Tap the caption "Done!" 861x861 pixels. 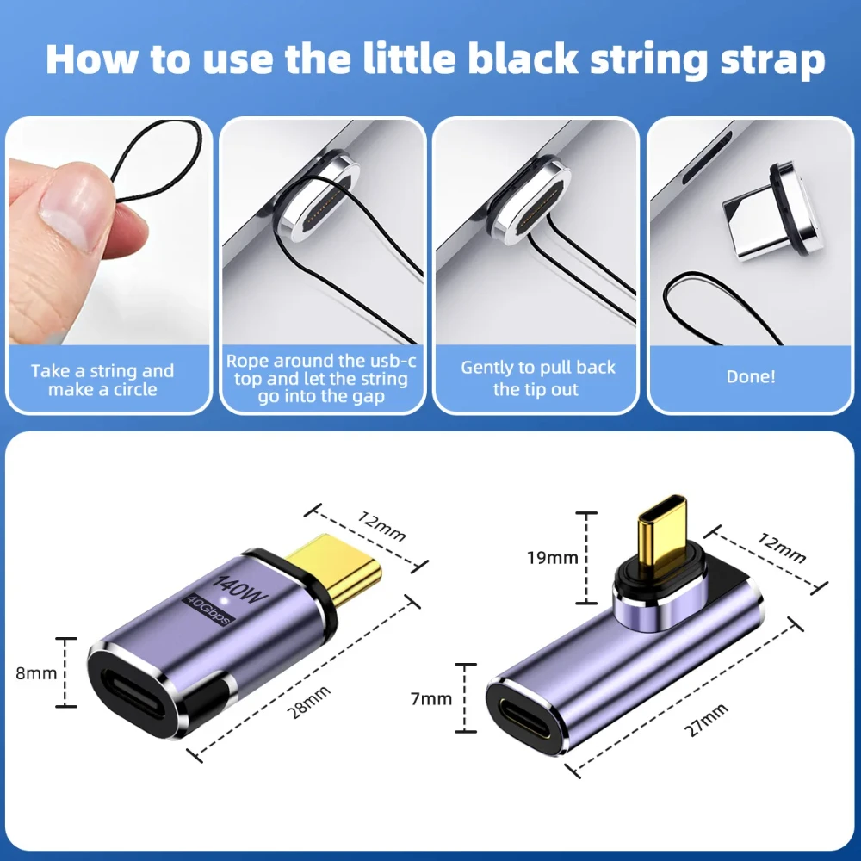click(x=750, y=376)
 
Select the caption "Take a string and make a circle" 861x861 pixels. click(x=102, y=380)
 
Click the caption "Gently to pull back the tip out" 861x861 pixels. click(x=537, y=378)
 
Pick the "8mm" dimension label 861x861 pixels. click(x=36, y=673)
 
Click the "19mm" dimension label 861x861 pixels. click(x=553, y=557)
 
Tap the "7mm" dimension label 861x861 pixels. click(x=430, y=698)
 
